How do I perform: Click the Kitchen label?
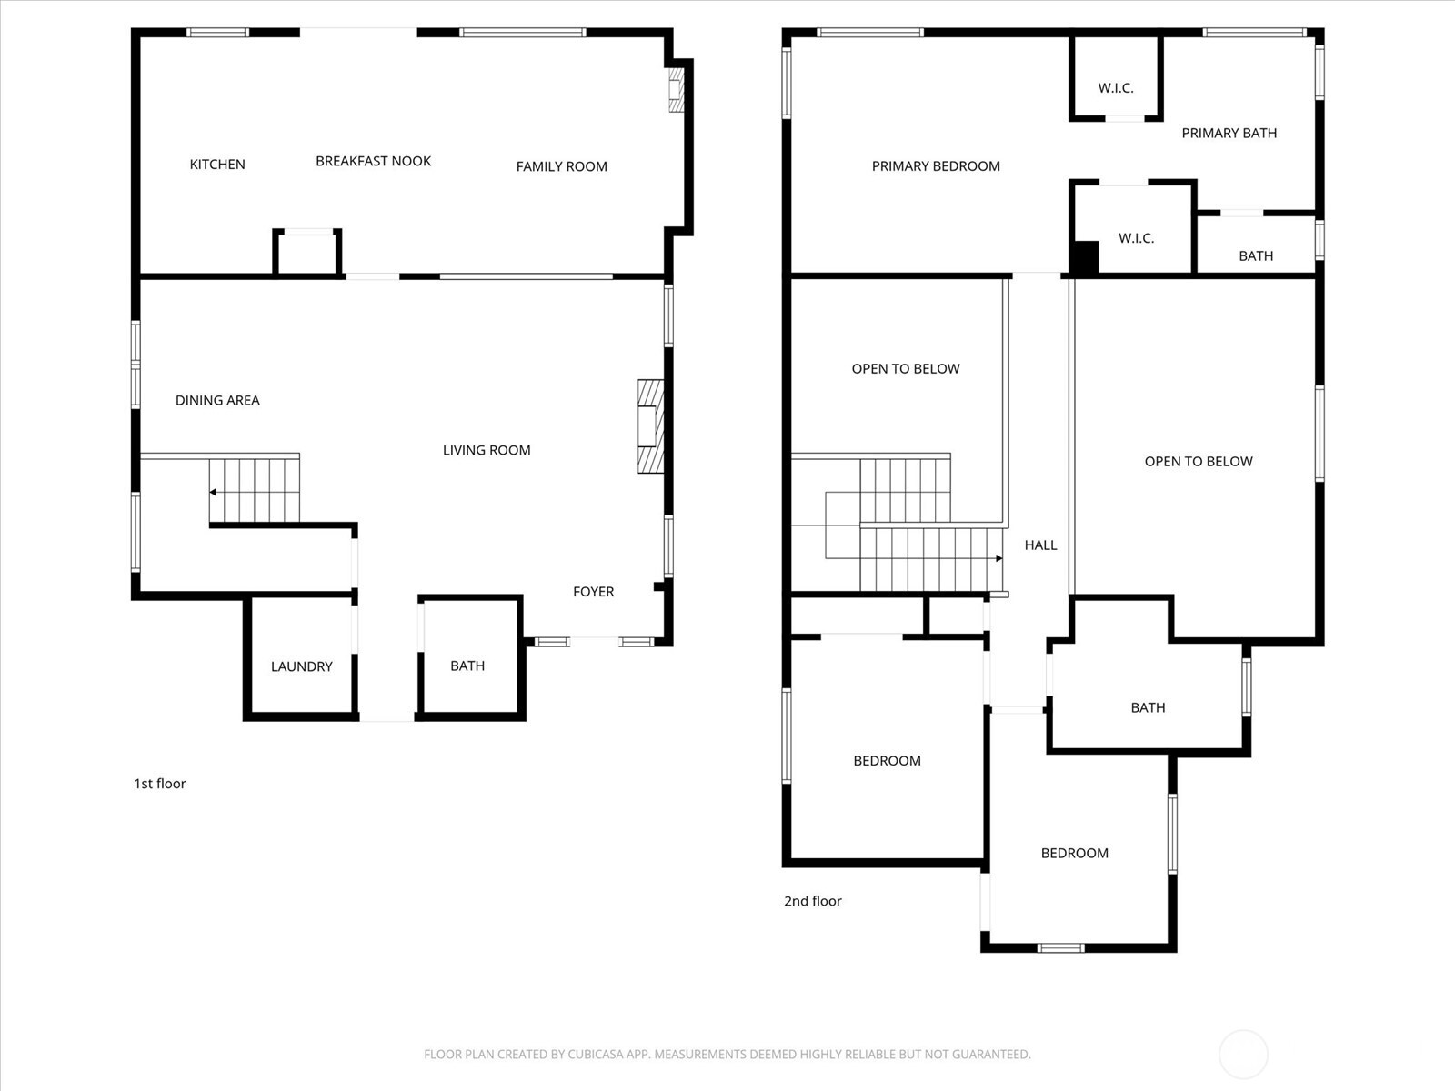pyautogui.click(x=217, y=165)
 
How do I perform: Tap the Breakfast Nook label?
pyautogui.click(x=373, y=161)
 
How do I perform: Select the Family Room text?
pyautogui.click(x=561, y=166)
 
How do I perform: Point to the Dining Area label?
pyautogui.click(x=217, y=400)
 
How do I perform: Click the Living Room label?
pyautogui.click(x=487, y=450)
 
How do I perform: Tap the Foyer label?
pyautogui.click(x=593, y=592)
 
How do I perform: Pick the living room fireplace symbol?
pyautogui.click(x=650, y=425)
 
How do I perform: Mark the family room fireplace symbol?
pyautogui.click(x=676, y=89)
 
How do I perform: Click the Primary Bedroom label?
pyautogui.click(x=936, y=166)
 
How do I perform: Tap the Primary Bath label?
pyautogui.click(x=1229, y=133)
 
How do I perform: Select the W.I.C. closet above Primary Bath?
pyautogui.click(x=1116, y=77)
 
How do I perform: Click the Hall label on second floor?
pyautogui.click(x=1040, y=545)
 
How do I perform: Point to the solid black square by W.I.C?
pyautogui.click(x=1085, y=256)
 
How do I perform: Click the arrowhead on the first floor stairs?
pyautogui.click(x=213, y=492)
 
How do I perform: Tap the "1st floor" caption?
pyautogui.click(x=160, y=784)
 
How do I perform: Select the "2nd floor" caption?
pyautogui.click(x=813, y=901)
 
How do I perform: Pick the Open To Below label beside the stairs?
pyautogui.click(x=906, y=369)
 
